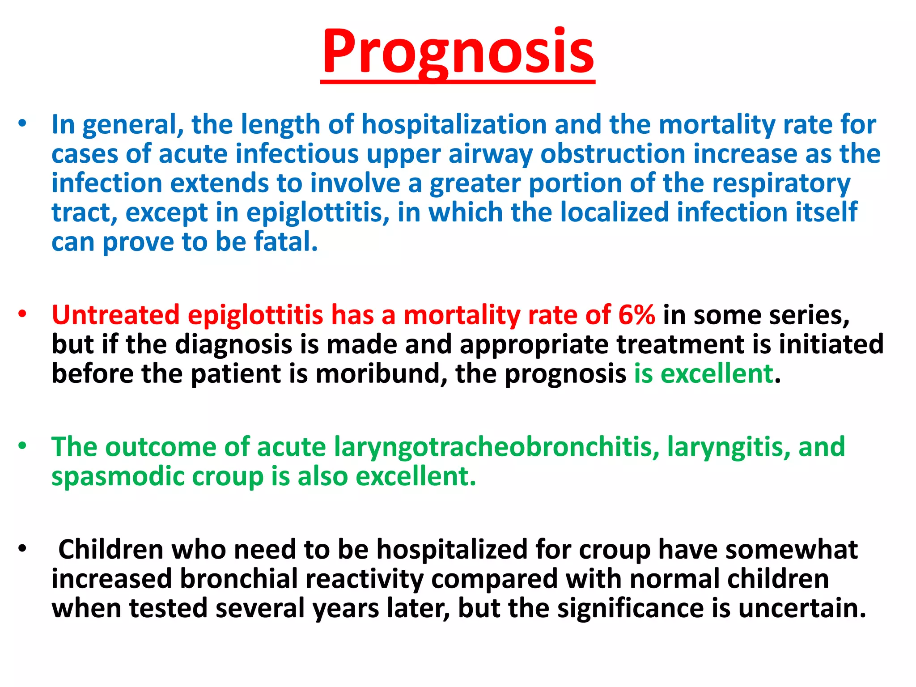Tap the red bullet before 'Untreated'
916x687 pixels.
pos(22,314)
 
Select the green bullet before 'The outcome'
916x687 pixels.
pos(22,446)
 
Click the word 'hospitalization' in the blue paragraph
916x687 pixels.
pos(454,124)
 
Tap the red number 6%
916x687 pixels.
pos(636,314)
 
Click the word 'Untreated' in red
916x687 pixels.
pos(115,314)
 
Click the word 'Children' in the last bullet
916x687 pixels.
pos(110,549)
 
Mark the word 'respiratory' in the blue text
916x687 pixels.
pos(781,184)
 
